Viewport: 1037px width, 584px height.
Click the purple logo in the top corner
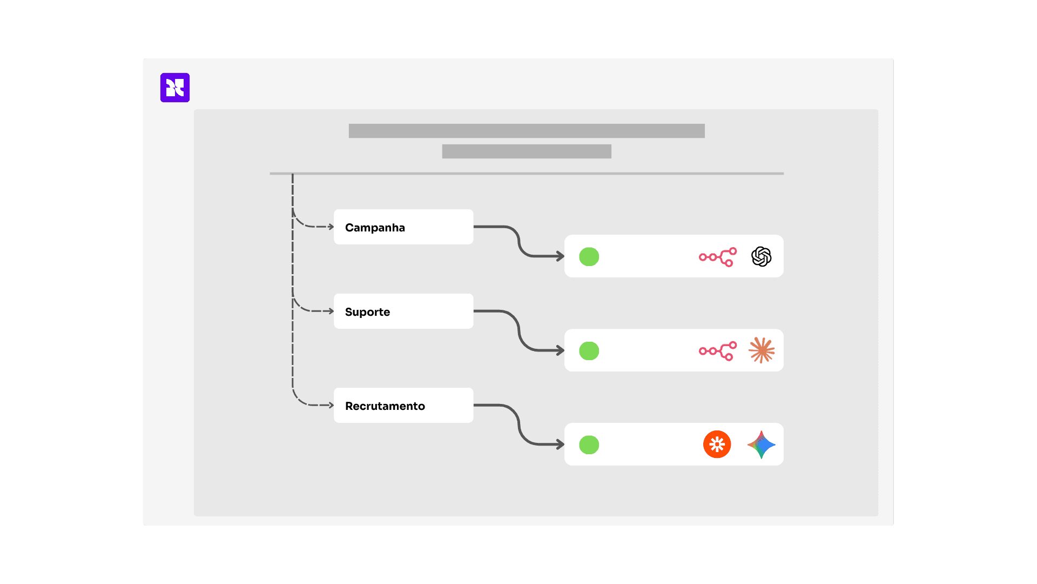tap(175, 88)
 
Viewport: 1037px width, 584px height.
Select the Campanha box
tap(403, 227)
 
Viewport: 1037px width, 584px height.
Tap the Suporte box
tap(403, 311)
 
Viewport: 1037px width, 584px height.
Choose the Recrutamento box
tap(403, 406)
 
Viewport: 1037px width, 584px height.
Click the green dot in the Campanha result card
tap(589, 257)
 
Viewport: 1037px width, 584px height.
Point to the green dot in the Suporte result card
tap(589, 351)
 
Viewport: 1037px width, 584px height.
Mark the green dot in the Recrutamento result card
tap(589, 445)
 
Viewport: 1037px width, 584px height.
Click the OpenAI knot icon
tap(761, 257)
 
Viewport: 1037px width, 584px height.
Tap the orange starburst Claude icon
tap(762, 350)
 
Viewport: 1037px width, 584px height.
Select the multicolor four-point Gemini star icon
tap(762, 444)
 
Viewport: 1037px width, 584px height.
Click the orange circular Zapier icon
tap(717, 444)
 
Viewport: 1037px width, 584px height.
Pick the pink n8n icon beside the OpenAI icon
tap(718, 257)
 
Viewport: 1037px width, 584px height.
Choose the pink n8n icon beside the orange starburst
tap(718, 351)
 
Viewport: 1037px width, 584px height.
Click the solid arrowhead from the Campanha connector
tap(561, 256)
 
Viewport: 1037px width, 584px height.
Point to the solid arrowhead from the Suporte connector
tap(561, 350)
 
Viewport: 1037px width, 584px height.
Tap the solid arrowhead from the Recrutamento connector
tap(561, 444)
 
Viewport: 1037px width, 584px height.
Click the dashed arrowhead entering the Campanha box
tap(331, 227)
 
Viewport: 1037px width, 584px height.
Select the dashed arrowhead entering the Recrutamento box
tap(331, 405)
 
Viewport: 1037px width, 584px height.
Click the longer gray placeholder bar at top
tap(527, 131)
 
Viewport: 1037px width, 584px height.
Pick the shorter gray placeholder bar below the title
tap(527, 151)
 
